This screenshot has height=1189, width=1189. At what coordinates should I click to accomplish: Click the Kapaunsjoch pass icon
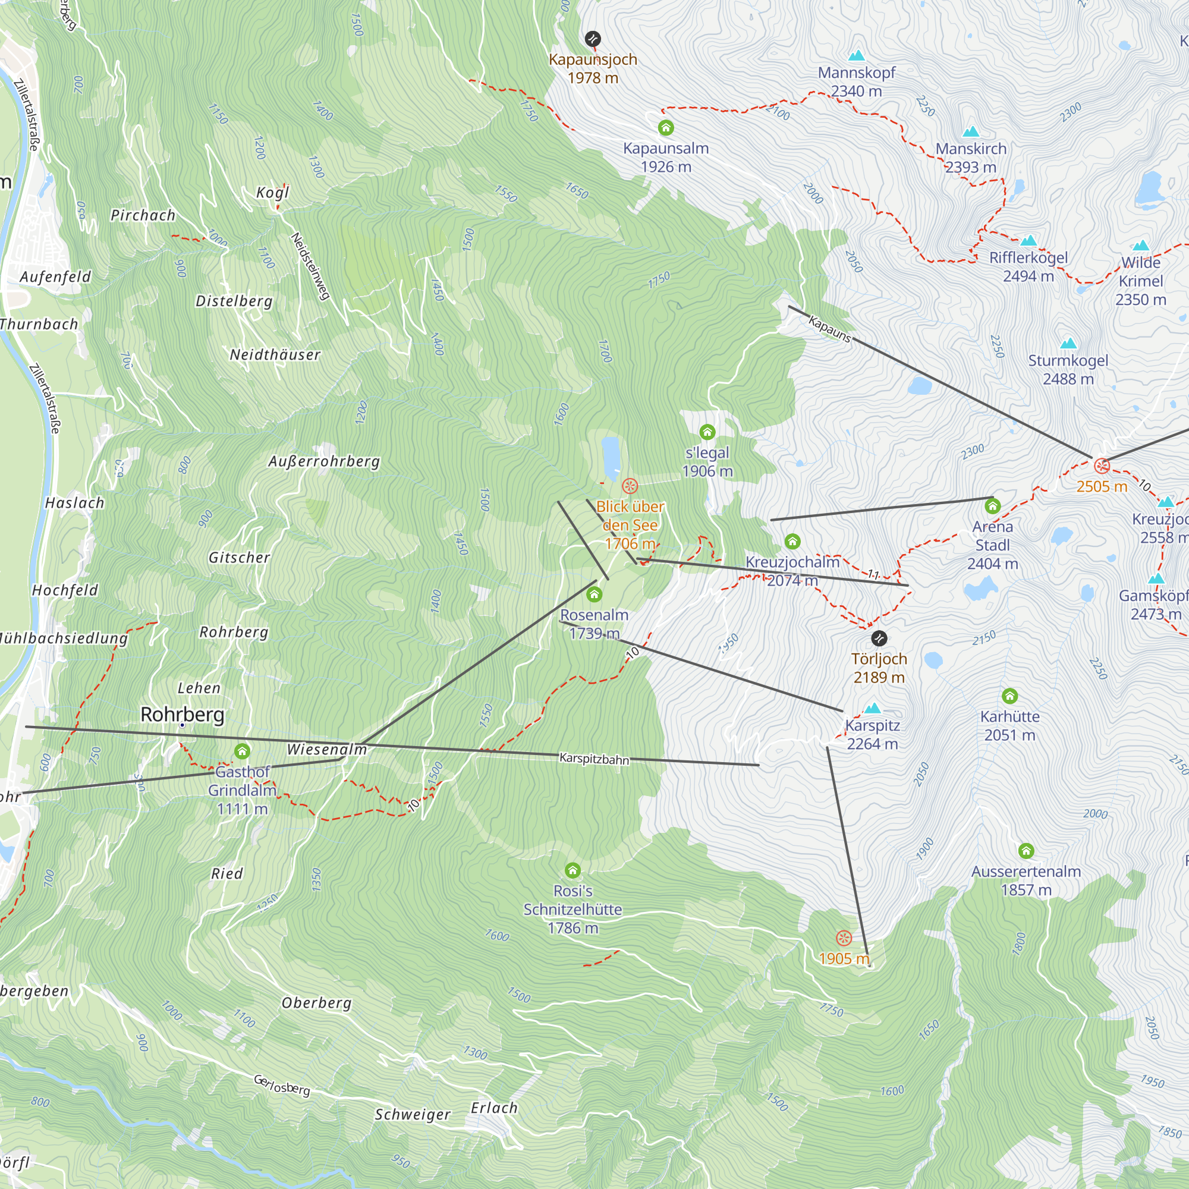coord(592,39)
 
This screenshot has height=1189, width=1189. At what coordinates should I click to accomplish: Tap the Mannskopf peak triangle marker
coord(856,56)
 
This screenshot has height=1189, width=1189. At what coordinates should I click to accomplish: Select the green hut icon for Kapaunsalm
coord(666,128)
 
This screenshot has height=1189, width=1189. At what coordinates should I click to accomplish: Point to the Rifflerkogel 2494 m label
coord(1028,267)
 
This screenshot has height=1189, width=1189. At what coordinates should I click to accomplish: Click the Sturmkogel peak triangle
coord(1068,344)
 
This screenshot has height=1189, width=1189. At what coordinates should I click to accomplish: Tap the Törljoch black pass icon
coord(879,638)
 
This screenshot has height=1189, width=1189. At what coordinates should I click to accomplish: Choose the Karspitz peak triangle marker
coord(873,709)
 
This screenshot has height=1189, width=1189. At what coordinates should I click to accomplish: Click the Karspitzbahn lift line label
coord(594,759)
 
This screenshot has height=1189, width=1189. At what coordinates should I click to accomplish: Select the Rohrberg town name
coord(182,715)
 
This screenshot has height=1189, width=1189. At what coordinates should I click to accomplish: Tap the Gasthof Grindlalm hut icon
coord(242,751)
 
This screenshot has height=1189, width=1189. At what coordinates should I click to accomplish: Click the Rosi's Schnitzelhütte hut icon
coord(573,870)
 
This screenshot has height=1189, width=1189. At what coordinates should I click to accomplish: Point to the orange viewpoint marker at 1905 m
coord(844,939)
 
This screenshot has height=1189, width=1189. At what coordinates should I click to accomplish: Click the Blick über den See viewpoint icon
coord(630,486)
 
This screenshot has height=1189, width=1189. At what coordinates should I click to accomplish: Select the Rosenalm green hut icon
coord(594,594)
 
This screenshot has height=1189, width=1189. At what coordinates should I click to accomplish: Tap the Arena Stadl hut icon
coord(992,507)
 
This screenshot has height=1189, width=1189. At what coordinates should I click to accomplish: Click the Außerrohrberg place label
coord(325,461)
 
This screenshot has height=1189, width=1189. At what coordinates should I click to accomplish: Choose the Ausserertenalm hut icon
coord(1026,851)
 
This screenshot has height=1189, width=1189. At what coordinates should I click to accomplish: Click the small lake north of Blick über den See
coord(611,457)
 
